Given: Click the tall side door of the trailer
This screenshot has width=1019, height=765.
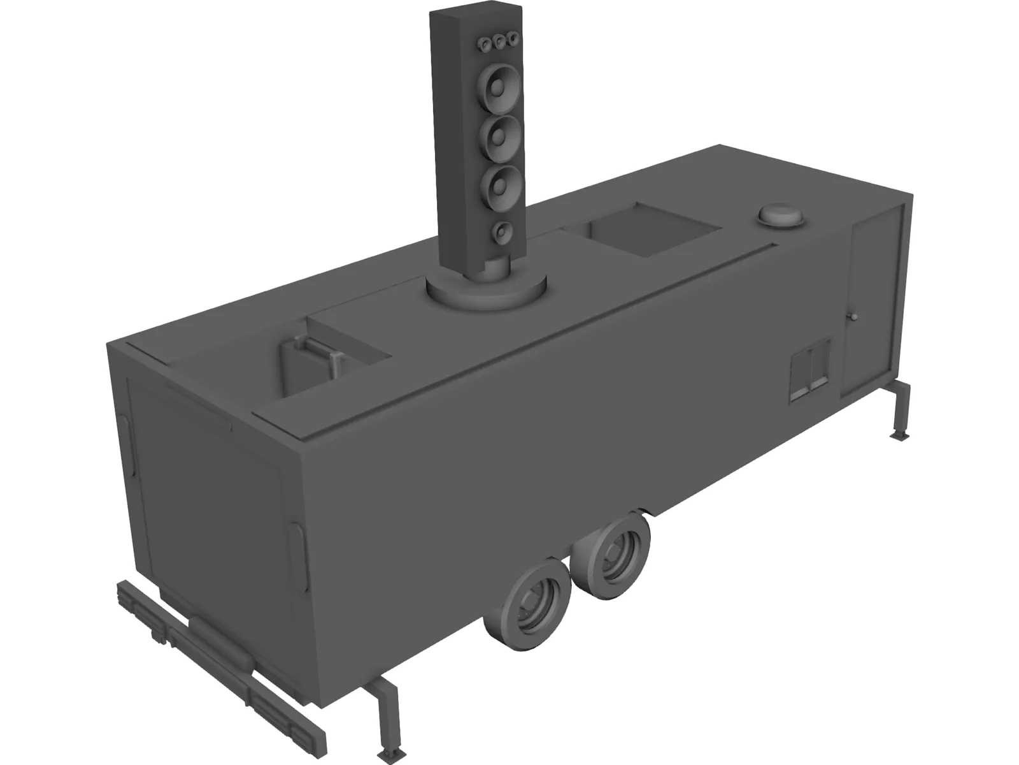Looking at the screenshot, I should [877, 300].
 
